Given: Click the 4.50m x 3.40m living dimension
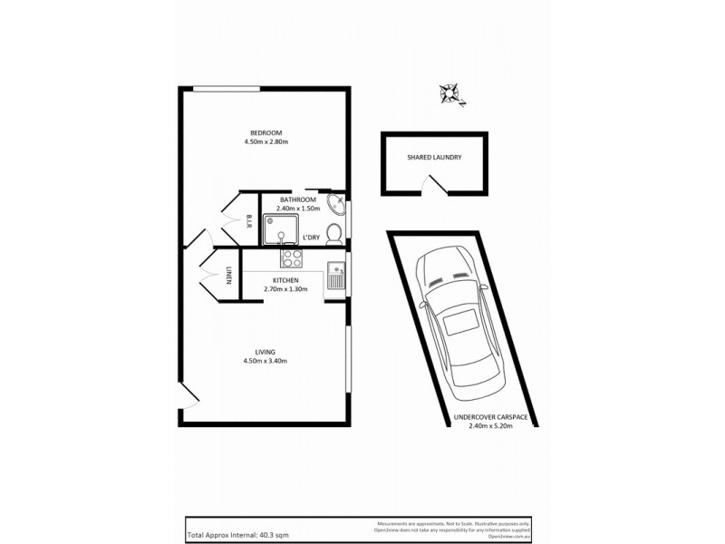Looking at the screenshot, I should [x=266, y=361].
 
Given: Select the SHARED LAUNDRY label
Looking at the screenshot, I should [x=434, y=157].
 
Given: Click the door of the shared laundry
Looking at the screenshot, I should [x=436, y=185].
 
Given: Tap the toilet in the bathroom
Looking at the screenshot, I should [x=333, y=234].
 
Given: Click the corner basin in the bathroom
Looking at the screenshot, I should [x=334, y=204].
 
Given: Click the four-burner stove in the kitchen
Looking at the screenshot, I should [x=291, y=259].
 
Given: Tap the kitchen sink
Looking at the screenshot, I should [x=335, y=275].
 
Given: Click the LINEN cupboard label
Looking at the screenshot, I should [x=229, y=276].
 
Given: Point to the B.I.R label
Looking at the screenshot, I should [x=248, y=221].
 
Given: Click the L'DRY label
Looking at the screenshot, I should [x=311, y=237].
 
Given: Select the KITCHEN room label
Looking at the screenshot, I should [x=286, y=281].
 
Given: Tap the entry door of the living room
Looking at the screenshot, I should [x=188, y=397].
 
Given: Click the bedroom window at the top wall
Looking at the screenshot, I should [x=227, y=88].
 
